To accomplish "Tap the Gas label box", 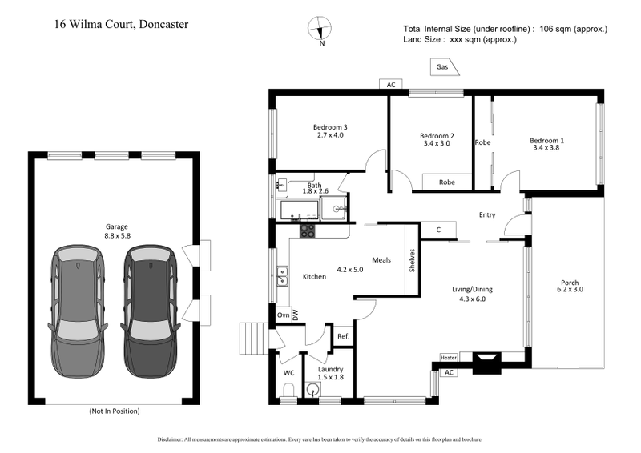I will tap(443, 68).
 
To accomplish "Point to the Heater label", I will tap(447, 357).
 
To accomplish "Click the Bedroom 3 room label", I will tap(329, 126).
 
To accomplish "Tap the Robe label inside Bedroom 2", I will tap(446, 182).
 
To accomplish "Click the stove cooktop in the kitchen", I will tap(308, 231).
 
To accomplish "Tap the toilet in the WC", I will tap(289, 391).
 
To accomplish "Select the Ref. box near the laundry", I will tap(343, 338).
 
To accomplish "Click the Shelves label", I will tap(412, 260).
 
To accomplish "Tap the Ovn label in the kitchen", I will tap(283, 315).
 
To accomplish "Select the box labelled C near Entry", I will tap(438, 231).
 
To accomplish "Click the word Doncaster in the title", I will tap(164, 24).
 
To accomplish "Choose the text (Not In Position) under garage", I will tap(114, 411).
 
